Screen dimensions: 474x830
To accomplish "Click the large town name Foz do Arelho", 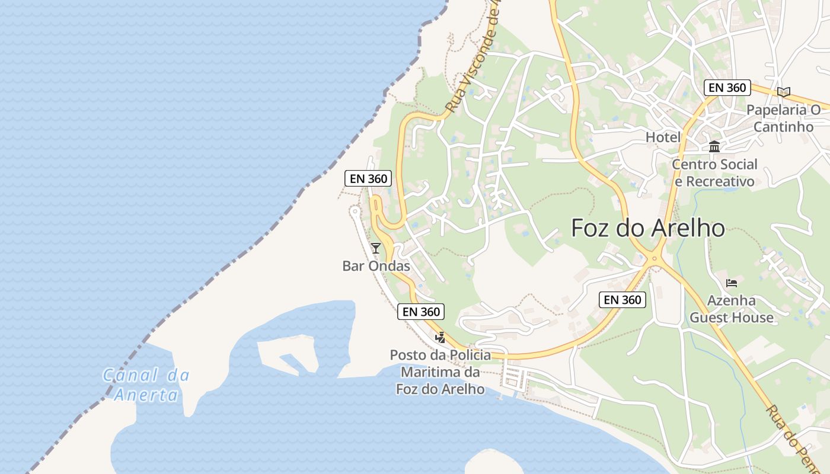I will tap(647, 228).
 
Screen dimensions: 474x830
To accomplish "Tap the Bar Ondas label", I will tap(376, 266).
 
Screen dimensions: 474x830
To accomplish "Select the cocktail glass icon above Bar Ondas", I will tap(375, 248).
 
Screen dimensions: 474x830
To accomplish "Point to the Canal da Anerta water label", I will tap(146, 385).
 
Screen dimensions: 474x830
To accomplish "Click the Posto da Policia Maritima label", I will tap(440, 372).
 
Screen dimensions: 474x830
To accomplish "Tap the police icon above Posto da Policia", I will tap(440, 338).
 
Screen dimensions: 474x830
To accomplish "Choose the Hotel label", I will tap(663, 137).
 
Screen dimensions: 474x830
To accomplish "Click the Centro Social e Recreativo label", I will tap(714, 172).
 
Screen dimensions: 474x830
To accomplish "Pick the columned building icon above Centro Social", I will tap(714, 146).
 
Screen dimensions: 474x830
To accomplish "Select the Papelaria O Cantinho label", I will tap(783, 118).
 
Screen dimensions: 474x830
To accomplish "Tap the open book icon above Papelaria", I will tap(784, 92).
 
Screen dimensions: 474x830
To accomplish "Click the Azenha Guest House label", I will tap(731, 309).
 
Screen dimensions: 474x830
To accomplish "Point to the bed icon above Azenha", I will tap(732, 283).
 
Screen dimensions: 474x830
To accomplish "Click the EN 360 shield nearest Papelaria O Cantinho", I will tap(727, 88).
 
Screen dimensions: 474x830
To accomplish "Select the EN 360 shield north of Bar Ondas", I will tap(368, 178).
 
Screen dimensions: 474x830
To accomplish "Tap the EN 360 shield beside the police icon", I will tap(420, 312).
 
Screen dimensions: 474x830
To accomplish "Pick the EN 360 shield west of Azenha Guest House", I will tap(622, 300).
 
